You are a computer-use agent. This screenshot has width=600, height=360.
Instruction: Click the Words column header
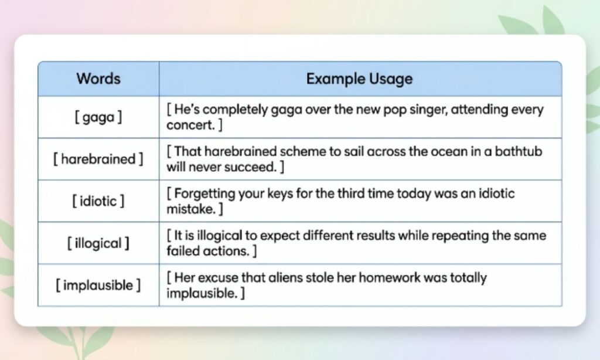click(x=98, y=79)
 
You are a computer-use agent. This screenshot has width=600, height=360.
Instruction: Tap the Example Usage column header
click(x=359, y=79)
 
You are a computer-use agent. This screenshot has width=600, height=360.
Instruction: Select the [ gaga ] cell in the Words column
click(x=98, y=117)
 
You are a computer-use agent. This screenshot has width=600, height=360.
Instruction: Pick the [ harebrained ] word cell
click(x=98, y=159)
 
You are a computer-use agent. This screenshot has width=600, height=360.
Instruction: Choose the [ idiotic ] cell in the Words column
click(x=98, y=201)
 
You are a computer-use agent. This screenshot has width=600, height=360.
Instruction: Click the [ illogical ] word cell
click(x=98, y=243)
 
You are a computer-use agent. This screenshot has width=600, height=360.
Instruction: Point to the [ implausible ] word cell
click(x=98, y=285)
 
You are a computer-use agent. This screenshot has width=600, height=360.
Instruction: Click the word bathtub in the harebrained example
click(x=519, y=151)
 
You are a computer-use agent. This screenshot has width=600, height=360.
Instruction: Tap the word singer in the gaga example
click(x=428, y=110)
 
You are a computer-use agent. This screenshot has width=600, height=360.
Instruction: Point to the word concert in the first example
click(x=190, y=125)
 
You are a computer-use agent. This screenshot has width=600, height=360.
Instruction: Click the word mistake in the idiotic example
click(x=192, y=209)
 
